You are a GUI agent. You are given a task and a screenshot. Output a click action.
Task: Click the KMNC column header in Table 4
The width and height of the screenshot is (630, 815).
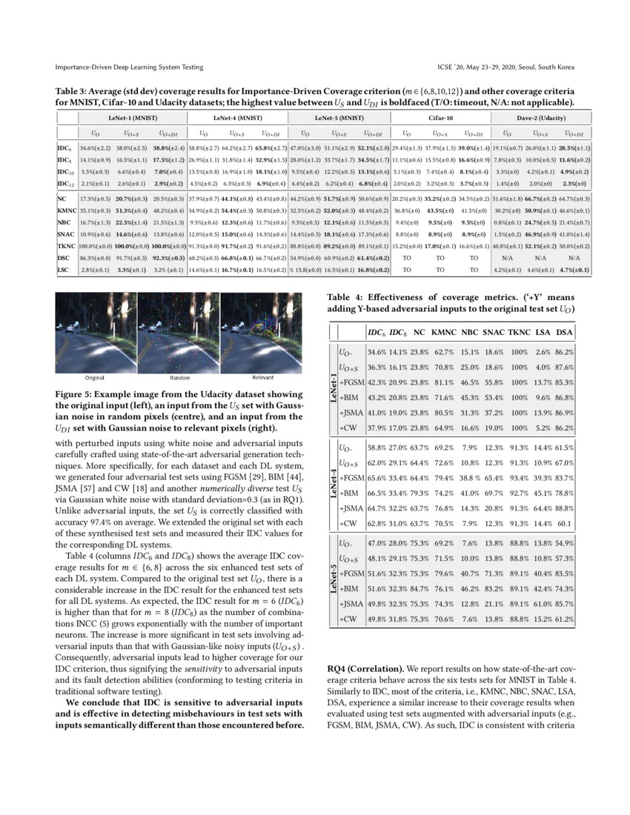[443, 331]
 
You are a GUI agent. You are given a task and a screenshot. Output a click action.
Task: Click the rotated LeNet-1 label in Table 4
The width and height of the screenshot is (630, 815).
[332, 390]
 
